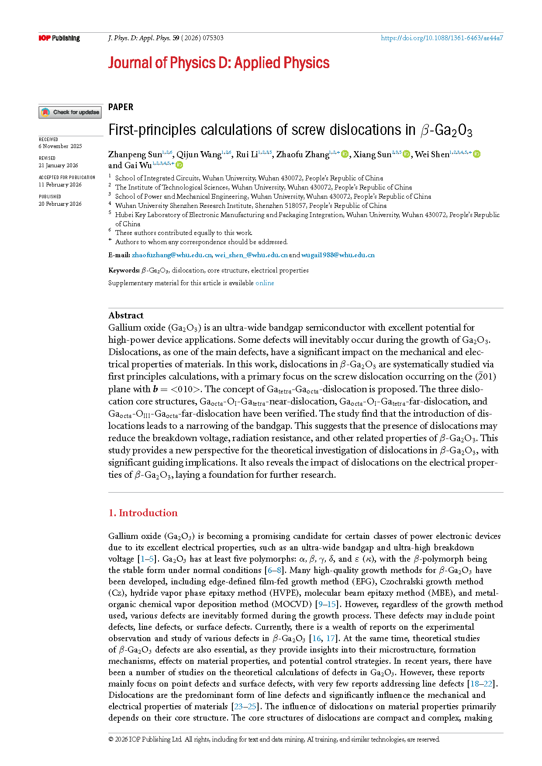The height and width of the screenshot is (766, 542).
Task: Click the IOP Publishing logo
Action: pos(59,38)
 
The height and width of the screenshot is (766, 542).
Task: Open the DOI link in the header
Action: pos(442,38)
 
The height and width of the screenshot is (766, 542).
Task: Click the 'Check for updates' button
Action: pos(70,112)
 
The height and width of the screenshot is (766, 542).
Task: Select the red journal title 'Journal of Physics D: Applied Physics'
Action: pos(218,63)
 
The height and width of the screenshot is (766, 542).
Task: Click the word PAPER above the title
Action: pos(121,107)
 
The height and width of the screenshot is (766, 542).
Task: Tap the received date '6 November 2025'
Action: pos(60,146)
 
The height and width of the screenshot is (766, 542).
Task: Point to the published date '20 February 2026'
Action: pos(60,204)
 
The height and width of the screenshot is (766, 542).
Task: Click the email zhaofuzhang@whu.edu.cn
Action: pos(172,255)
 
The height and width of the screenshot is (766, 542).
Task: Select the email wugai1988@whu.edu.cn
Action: pos(338,255)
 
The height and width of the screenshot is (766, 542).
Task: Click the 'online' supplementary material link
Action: pos(265,283)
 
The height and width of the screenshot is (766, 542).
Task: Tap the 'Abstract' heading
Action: pos(126,315)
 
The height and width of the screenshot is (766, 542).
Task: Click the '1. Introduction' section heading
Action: pos(143,513)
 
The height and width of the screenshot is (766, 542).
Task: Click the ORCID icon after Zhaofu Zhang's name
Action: pos(345,154)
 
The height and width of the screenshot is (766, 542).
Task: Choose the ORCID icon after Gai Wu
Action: pos(179,165)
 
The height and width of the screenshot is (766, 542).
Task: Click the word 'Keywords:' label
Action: pos(124,270)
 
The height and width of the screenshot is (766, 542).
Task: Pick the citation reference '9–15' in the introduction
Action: pos(327,604)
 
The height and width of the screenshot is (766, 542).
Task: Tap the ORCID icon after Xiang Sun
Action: pos(406,154)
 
